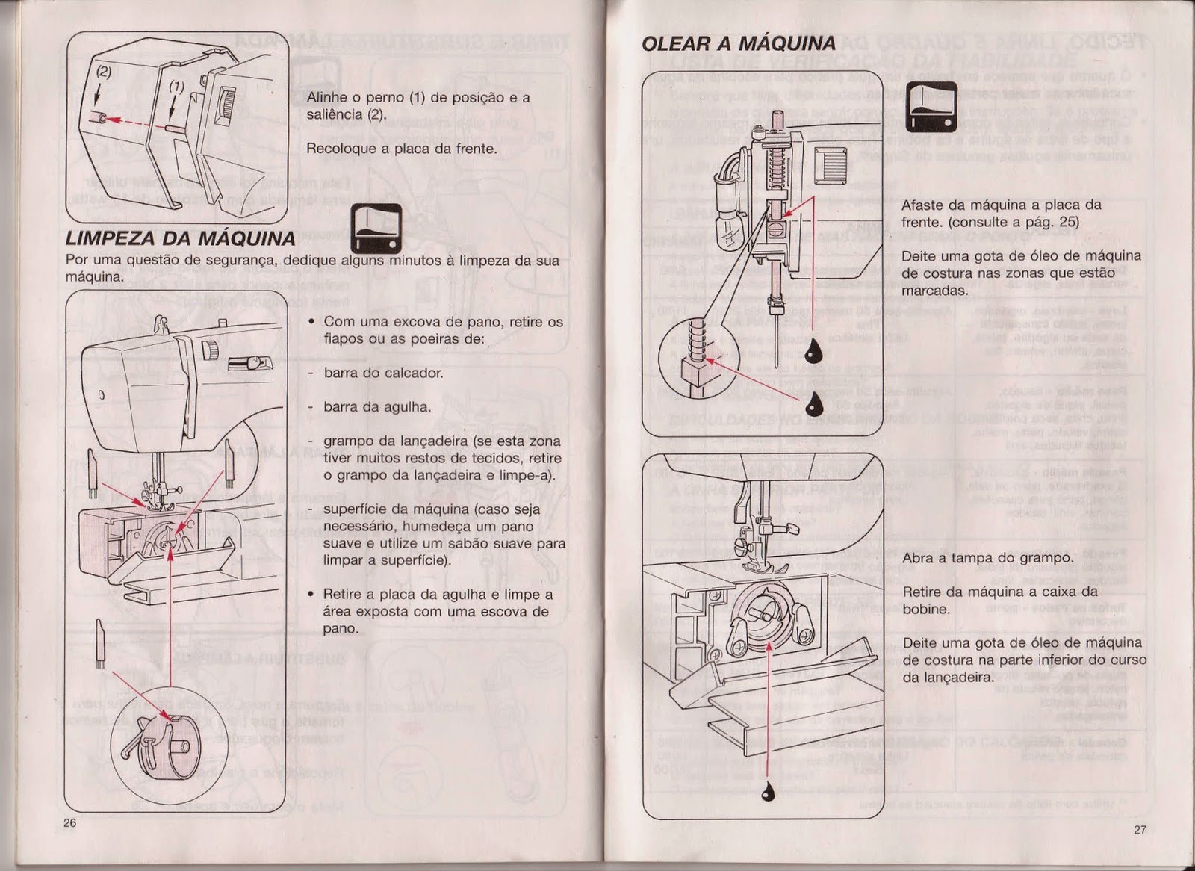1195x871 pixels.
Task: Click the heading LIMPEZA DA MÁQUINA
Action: [180, 239]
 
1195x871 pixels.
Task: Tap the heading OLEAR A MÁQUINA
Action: [738, 43]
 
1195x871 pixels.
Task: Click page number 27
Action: [1139, 829]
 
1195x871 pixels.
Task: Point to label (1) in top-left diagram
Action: [176, 86]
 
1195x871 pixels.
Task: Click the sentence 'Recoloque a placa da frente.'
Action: [401, 149]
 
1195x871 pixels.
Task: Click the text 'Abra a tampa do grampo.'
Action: [987, 558]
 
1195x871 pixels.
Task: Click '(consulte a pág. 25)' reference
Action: [990, 222]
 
